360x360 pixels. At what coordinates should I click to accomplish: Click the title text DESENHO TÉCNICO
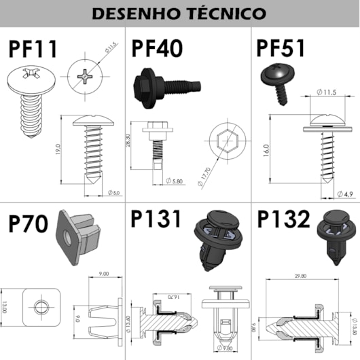point(179,13)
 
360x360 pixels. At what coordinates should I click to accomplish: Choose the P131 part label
point(157,220)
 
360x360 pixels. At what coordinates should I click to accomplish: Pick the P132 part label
point(284,220)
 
